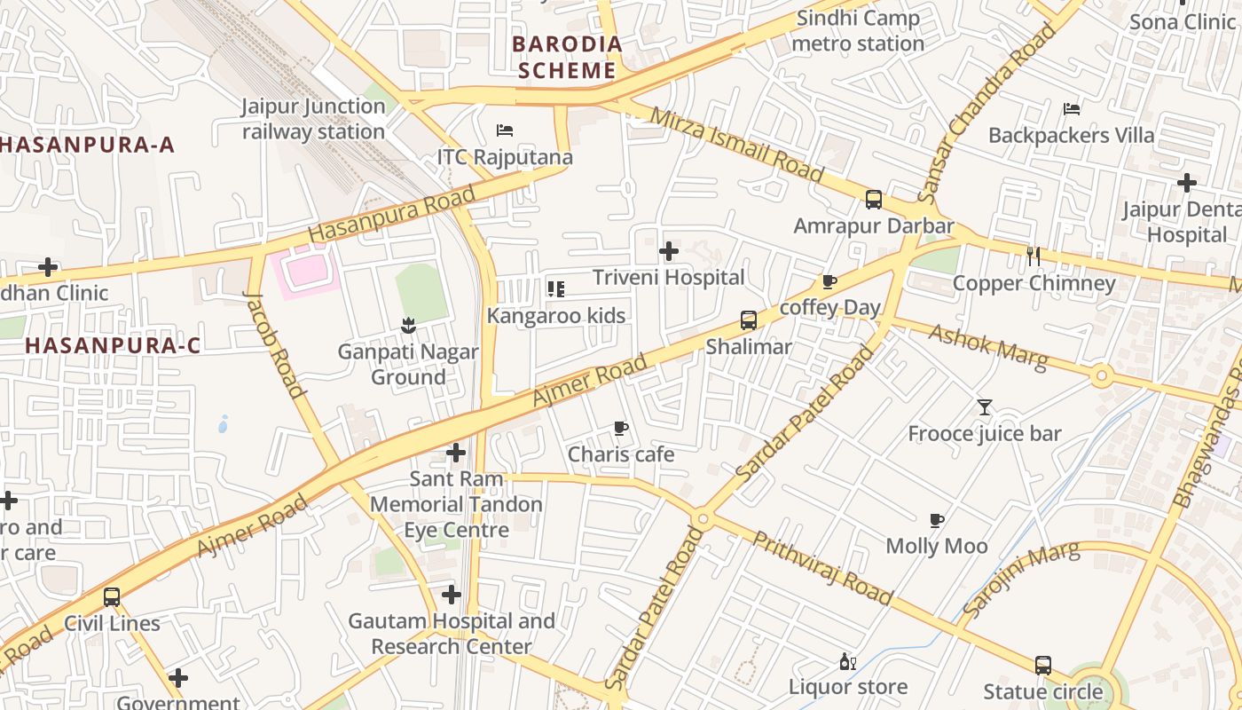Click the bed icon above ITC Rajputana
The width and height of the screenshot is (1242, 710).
click(x=505, y=130)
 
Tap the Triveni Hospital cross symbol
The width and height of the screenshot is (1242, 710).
click(x=669, y=251)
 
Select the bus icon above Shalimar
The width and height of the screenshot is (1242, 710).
click(x=749, y=320)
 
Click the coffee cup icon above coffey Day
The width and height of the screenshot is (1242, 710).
click(x=829, y=281)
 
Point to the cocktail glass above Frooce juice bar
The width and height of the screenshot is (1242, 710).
click(x=985, y=407)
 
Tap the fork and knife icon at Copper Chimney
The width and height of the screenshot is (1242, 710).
click(x=1033, y=256)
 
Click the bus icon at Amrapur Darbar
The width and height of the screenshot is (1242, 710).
click(x=874, y=200)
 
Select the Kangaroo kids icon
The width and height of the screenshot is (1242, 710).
click(x=556, y=288)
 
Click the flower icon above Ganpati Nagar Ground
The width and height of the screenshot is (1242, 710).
click(x=408, y=325)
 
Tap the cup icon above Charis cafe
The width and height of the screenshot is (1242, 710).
click(x=621, y=429)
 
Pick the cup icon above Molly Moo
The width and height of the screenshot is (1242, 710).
click(x=937, y=520)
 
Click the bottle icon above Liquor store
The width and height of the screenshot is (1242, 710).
click(x=847, y=661)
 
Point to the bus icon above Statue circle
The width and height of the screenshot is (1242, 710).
click(x=1043, y=665)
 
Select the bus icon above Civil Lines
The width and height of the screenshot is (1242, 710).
click(x=112, y=597)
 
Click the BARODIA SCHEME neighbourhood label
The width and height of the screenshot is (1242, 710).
click(x=568, y=57)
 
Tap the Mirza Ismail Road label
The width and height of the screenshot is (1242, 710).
click(x=736, y=145)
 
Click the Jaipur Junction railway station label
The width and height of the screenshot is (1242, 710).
click(x=313, y=119)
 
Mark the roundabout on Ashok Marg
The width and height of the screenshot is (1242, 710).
click(x=1102, y=376)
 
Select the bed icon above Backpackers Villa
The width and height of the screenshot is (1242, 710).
click(x=1072, y=109)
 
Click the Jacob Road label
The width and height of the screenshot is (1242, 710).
click(x=274, y=343)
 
